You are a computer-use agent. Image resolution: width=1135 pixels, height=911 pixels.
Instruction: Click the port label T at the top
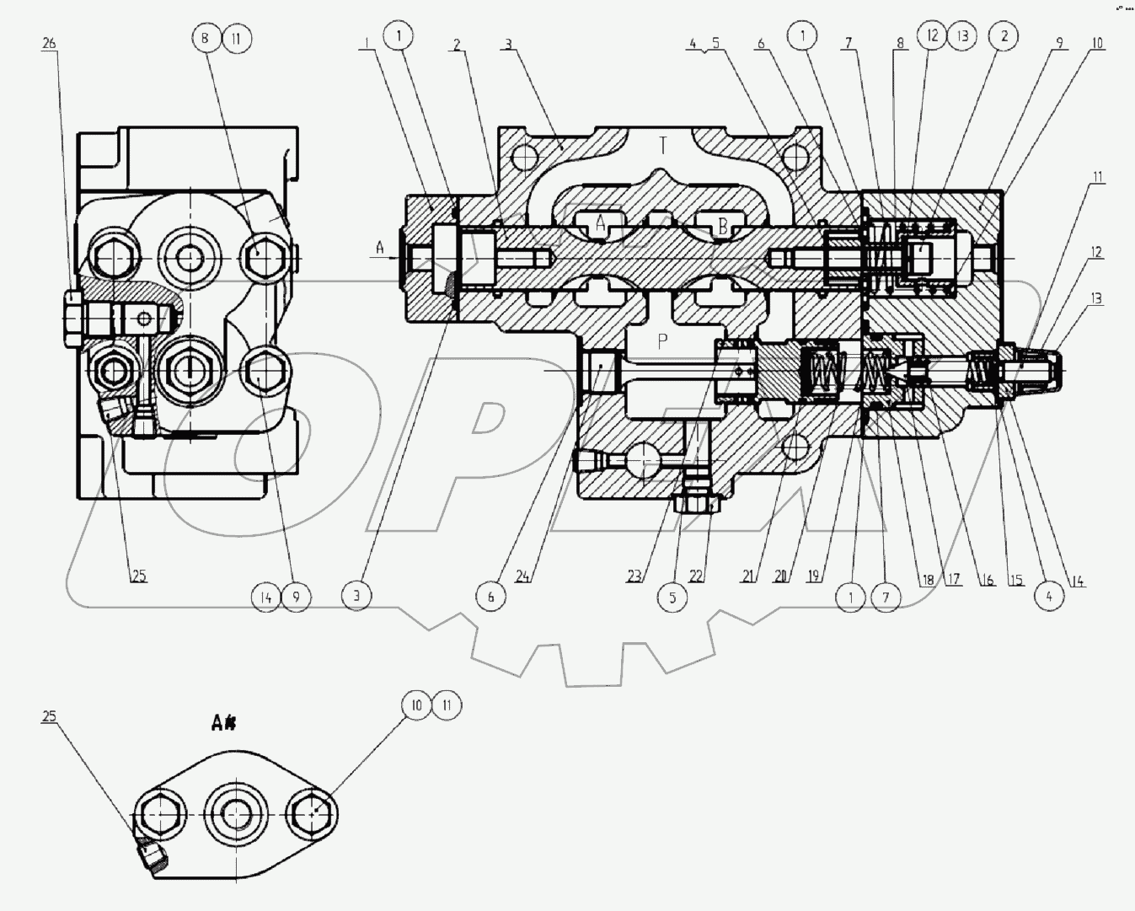pos(662,146)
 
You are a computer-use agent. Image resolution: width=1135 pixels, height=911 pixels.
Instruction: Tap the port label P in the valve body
pos(663,341)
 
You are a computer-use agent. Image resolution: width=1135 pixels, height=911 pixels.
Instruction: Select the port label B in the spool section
pos(722,225)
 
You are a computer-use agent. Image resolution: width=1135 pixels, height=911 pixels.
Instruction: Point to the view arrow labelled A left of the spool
pos(381,247)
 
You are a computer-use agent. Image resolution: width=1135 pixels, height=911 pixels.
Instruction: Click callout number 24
pos(522,576)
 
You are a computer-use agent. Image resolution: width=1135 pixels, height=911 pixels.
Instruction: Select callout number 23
pos(634,576)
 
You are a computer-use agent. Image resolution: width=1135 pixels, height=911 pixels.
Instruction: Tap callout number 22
pos(696,576)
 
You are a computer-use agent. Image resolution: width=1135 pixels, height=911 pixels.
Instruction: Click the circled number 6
pos(490,597)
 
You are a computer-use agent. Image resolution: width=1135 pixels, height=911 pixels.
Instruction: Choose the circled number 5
pos(672,597)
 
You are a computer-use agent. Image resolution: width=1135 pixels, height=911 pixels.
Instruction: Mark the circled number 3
pos(356,597)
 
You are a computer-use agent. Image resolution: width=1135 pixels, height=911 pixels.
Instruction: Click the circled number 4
pos(1049,597)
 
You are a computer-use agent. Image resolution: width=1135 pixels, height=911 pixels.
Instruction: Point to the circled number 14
pos(265,597)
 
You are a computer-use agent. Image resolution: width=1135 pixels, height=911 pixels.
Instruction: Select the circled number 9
pos(296,597)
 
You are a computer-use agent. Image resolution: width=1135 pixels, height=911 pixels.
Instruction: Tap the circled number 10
pos(416,705)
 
